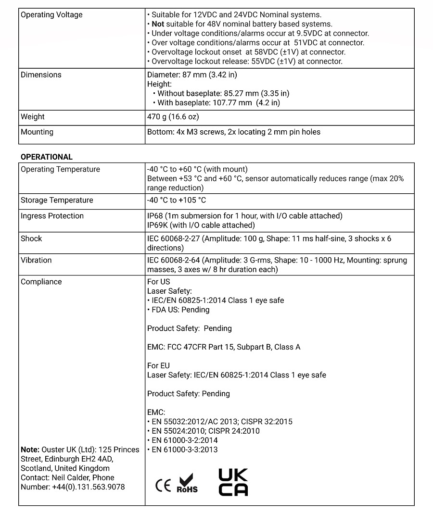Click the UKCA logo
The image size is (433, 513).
[233, 482]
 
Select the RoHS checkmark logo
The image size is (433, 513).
[187, 483]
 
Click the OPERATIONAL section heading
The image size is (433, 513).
[47, 157]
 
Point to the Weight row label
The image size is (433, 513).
[33, 117]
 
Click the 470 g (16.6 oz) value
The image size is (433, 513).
[173, 117]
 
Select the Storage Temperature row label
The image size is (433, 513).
[57, 200]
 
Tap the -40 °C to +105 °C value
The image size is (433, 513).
[177, 200]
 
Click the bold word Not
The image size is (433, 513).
[158, 24]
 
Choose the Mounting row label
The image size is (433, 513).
[37, 132]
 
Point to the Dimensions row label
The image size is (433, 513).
[41, 75]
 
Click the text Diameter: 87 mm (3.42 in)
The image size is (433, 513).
[192, 75]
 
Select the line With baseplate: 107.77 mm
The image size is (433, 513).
[218, 103]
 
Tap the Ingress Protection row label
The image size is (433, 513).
[52, 216]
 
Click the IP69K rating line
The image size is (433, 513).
[201, 225]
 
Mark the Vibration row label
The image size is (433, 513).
[36, 260]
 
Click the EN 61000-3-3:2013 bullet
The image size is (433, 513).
[184, 450]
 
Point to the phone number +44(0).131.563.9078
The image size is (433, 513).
[89, 487]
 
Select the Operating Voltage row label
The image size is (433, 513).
[51, 15]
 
